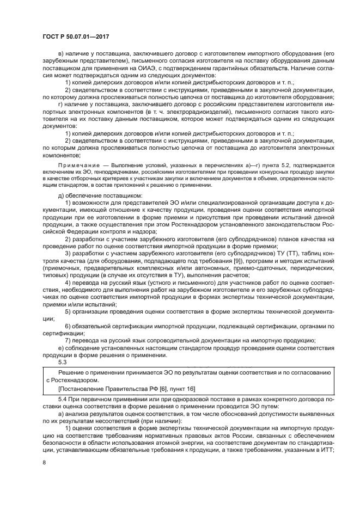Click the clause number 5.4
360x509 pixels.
(61, 400)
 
